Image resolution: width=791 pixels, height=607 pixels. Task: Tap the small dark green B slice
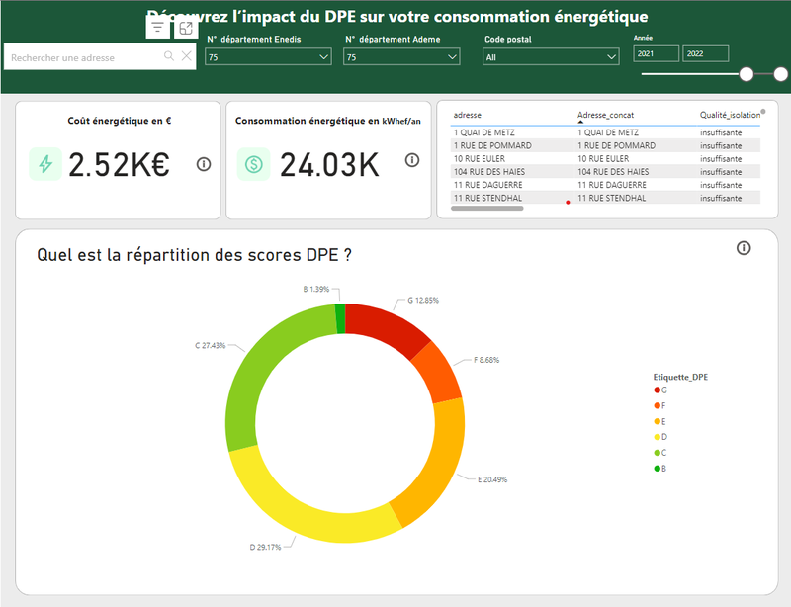(x=340, y=319)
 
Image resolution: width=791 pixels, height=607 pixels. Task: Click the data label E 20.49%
(x=491, y=479)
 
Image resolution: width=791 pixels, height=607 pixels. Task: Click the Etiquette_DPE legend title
(x=680, y=377)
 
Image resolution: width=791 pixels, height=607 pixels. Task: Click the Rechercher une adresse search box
(x=84, y=57)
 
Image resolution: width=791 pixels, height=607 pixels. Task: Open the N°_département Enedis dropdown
(x=268, y=58)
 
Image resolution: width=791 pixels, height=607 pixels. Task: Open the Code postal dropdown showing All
(x=551, y=58)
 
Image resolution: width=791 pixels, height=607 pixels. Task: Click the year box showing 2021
(x=656, y=54)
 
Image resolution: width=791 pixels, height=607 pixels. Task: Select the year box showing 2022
(x=705, y=54)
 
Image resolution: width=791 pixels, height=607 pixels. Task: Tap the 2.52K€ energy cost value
(x=119, y=165)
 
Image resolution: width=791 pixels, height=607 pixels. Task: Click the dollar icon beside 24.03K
(x=253, y=165)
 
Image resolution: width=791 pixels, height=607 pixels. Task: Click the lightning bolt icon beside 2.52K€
(x=44, y=165)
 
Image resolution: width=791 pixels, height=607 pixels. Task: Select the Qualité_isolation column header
(x=730, y=116)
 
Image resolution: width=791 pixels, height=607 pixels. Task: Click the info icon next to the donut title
(x=744, y=248)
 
